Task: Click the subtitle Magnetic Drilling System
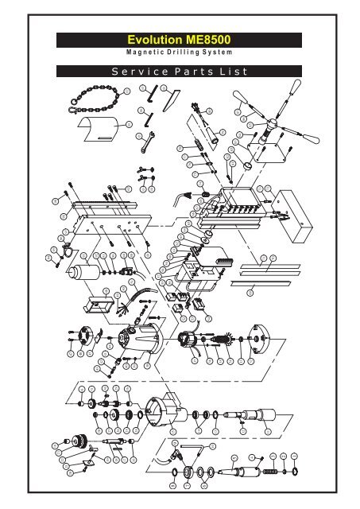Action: point(180,53)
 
